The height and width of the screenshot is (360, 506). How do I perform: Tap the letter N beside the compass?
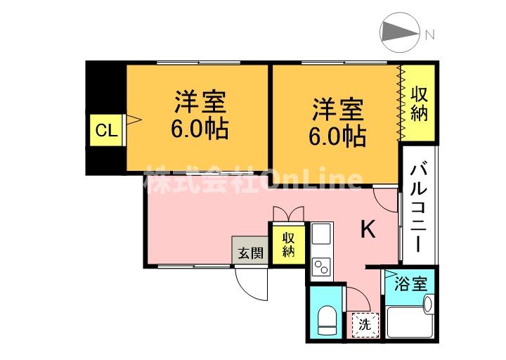[x=429, y=33]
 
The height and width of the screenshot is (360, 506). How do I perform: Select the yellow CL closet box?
[x=106, y=130]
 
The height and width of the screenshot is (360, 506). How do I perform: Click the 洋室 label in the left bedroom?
[x=200, y=102]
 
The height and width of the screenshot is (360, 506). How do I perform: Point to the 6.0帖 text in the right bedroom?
[x=337, y=135]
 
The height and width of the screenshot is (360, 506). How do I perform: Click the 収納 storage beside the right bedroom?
[x=419, y=103]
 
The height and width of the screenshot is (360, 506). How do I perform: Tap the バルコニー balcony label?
[x=419, y=206]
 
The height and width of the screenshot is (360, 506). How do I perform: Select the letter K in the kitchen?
[x=368, y=229]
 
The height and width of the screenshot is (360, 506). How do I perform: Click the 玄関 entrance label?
[x=250, y=252]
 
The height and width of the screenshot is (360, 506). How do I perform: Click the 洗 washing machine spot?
[x=364, y=324]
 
